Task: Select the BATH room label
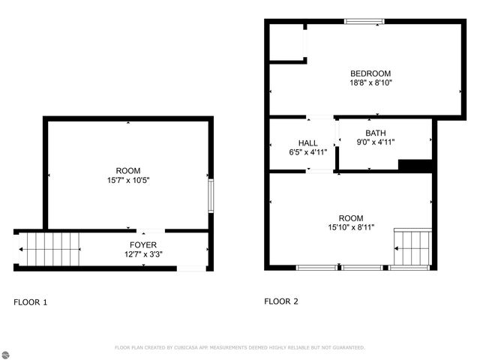coord(375,132)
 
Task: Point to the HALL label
coord(307,142)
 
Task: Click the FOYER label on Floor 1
coord(142,244)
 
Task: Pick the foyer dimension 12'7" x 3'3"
coord(142,254)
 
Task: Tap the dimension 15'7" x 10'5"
coord(127,180)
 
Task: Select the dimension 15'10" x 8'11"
coord(350,226)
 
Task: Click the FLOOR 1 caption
coord(31,302)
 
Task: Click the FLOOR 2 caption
coord(281,301)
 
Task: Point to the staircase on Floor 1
coord(49,248)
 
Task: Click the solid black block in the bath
coord(415,166)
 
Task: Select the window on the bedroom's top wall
coord(364,22)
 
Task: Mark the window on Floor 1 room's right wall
coord(211,195)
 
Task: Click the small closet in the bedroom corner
coord(286,42)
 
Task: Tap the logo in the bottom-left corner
coord(7,352)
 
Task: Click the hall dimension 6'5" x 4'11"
coord(307,151)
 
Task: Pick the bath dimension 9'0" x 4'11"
coord(375,142)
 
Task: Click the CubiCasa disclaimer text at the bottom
coord(239,347)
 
